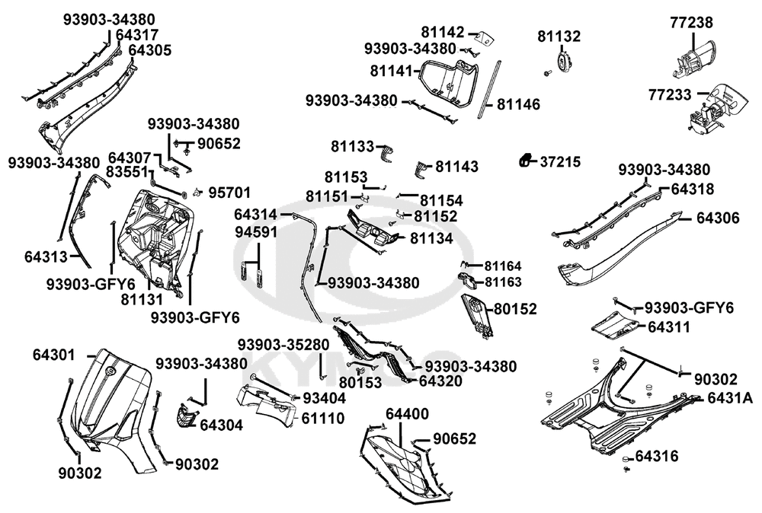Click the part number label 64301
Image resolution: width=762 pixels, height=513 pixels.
tap(54, 355)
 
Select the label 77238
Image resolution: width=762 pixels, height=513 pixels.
tap(692, 22)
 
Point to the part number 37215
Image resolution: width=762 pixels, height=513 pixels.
tap(560, 161)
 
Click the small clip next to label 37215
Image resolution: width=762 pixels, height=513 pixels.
tap(524, 161)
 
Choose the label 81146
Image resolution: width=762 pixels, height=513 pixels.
tap(518, 104)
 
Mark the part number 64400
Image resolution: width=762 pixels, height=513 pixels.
tap(407, 414)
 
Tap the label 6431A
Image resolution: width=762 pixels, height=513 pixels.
tap(730, 399)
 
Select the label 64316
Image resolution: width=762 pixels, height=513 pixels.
tap(657, 456)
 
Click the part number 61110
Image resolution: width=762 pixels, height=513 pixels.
tap(322, 418)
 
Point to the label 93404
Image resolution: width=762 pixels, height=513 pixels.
tap(325, 398)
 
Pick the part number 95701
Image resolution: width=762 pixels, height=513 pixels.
tap(229, 193)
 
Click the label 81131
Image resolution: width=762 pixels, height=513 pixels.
tap(142, 299)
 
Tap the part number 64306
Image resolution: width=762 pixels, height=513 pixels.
tap(718, 218)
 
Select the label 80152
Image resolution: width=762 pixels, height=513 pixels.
tap(516, 309)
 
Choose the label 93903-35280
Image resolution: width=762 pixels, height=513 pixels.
tap(283, 345)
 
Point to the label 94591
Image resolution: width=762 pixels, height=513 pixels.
tap(256, 232)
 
